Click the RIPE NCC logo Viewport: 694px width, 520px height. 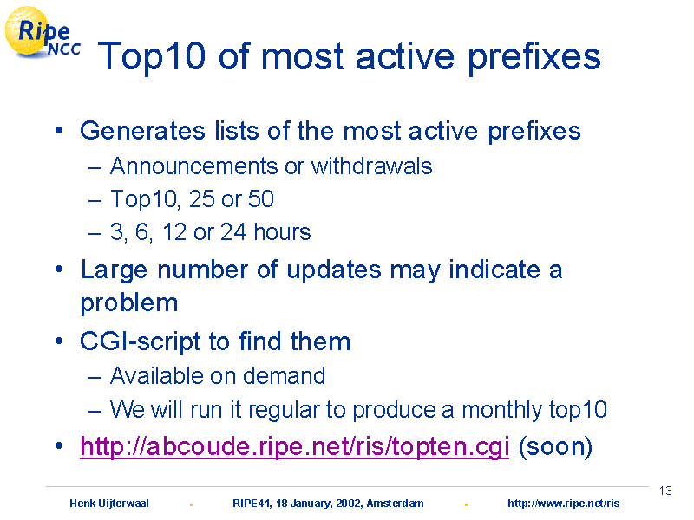(x=43, y=33)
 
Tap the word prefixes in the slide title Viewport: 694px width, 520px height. (x=534, y=57)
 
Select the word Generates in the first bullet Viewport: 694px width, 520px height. (x=142, y=131)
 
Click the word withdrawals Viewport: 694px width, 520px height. (x=372, y=166)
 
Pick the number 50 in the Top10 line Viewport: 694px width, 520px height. (x=261, y=199)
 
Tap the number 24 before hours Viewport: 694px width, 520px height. (x=232, y=231)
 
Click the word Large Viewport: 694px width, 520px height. (x=114, y=270)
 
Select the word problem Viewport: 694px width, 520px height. (x=129, y=304)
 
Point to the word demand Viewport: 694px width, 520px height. (x=285, y=376)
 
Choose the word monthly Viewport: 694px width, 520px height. (x=501, y=410)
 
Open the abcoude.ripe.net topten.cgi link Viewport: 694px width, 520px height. (x=295, y=446)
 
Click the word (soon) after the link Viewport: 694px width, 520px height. (x=555, y=446)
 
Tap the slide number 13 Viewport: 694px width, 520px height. (x=665, y=491)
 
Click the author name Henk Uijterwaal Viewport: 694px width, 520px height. (x=109, y=504)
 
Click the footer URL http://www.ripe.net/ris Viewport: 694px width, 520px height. (x=563, y=504)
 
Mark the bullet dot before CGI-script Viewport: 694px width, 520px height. (x=59, y=341)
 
